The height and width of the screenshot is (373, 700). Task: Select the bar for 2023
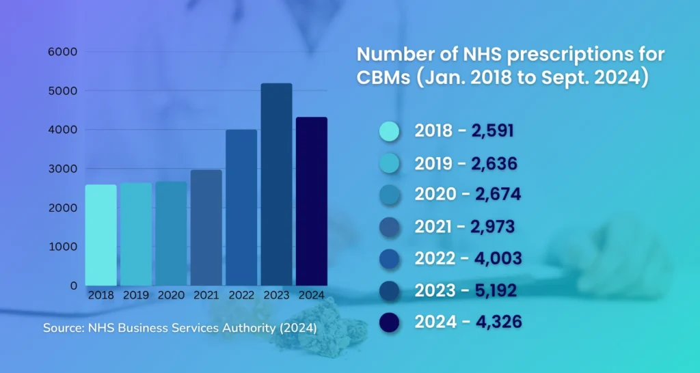coord(276,184)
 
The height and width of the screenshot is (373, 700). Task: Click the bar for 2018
coord(100,235)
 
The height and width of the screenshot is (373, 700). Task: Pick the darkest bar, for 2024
coord(312,201)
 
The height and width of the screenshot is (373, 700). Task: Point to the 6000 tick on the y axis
coord(62,52)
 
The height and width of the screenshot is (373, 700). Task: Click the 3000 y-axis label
coord(62,169)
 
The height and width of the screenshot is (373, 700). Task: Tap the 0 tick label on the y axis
coord(73,286)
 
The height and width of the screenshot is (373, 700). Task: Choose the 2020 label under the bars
coord(171,296)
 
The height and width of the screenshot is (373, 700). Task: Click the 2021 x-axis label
coord(206,296)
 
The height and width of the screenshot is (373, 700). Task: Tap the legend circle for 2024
coord(389,322)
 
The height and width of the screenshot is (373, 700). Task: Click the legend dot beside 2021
coord(389,227)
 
